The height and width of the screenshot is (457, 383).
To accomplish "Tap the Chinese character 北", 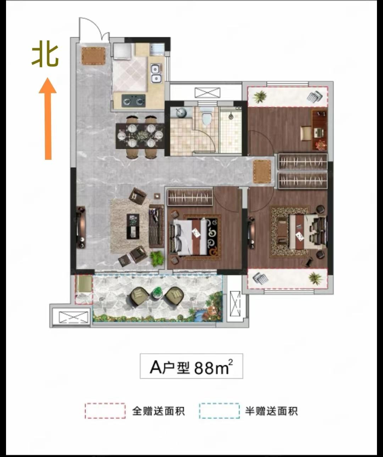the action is tap(45, 56).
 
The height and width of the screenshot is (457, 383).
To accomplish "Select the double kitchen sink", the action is tap(156, 74).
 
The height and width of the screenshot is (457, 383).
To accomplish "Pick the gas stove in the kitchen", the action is tap(133, 101).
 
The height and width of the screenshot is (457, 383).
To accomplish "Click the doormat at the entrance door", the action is tap(93, 56).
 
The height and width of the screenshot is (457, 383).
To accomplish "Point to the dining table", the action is tap(140, 136).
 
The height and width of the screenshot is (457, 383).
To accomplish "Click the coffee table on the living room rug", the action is tap(133, 226).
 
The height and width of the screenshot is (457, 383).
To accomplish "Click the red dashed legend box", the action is tap(105, 411).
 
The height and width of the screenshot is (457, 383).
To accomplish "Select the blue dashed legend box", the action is tap(219, 411).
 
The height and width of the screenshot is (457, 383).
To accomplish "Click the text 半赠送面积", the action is tap(271, 411).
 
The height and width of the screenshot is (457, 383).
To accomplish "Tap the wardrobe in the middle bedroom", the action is tap(190, 197).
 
